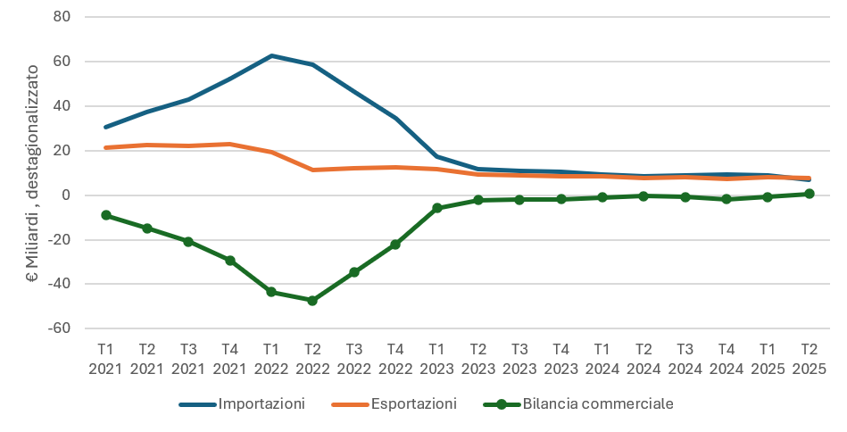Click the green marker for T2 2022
(312, 301)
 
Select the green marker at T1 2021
(106, 215)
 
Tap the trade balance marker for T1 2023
(436, 208)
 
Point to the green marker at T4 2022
(395, 244)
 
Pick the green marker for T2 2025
(809, 194)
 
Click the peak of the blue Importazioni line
(271, 55)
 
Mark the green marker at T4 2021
(230, 261)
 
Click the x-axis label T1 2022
(271, 357)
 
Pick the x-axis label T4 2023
(561, 357)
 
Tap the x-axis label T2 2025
(809, 357)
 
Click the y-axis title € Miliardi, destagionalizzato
(33, 173)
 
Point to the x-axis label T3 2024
(685, 357)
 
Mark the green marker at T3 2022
(353, 272)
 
